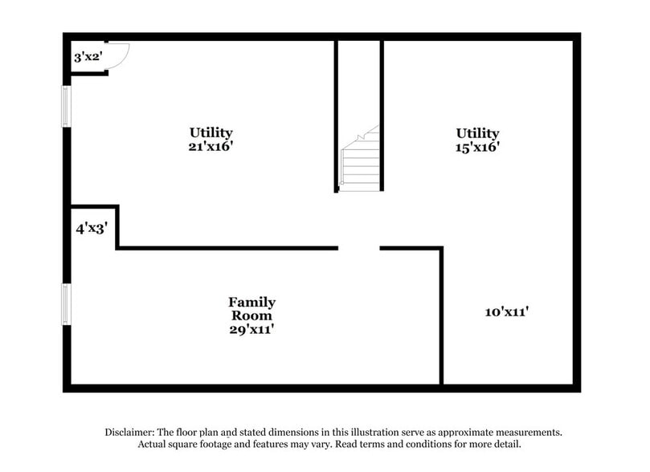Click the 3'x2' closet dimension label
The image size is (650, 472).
click(x=86, y=57)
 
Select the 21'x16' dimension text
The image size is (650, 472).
click(x=211, y=147)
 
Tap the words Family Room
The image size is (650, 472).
click(x=251, y=309)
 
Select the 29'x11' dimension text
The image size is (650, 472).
click(x=251, y=328)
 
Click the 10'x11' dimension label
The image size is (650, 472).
click(x=505, y=311)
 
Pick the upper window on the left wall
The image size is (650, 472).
click(x=67, y=106)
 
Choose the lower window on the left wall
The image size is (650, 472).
click(x=67, y=304)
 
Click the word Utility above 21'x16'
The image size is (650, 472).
click(x=211, y=132)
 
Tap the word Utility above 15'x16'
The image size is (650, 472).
click(x=478, y=133)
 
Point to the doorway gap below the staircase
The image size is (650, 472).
click(x=359, y=248)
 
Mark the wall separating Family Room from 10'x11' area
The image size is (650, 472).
click(x=441, y=316)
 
